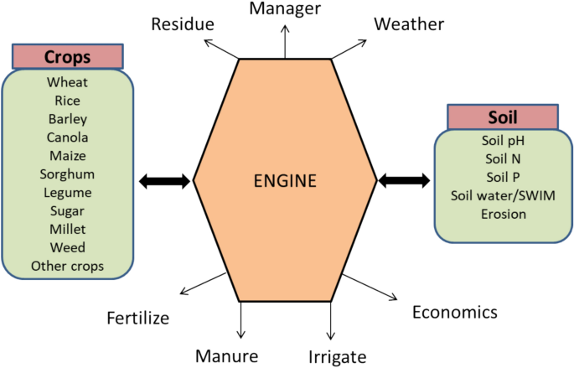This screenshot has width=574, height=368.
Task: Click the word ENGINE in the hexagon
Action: point(286,180)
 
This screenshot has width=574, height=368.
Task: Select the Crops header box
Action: point(67,57)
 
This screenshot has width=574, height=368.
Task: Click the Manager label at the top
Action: point(286,10)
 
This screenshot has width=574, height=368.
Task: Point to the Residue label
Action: point(183,23)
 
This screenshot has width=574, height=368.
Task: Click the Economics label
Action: point(454,312)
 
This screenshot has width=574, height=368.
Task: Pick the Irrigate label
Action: point(338,356)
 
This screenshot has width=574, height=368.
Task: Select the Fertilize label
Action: point(138,318)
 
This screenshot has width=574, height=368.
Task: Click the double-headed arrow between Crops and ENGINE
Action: point(164,180)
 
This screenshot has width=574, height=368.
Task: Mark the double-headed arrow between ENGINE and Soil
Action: point(405,179)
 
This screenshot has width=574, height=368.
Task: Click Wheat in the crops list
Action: point(67,82)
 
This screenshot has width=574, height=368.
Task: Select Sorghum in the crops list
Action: point(67,174)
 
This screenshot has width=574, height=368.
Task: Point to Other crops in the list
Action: point(67,266)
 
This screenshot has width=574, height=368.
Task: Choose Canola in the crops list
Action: point(67,137)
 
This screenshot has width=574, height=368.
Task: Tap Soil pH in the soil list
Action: point(503,140)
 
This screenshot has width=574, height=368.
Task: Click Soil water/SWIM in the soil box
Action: point(503,195)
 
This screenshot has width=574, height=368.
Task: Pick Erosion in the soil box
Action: point(503,214)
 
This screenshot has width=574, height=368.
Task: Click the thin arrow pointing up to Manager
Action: point(286,42)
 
